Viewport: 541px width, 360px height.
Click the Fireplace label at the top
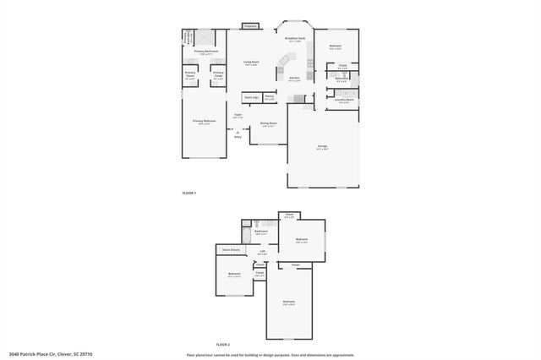click(x=249, y=27)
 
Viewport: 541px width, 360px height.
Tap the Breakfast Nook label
click(x=295, y=39)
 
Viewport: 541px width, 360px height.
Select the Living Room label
click(x=251, y=63)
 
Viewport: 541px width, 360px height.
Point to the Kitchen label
click(x=294, y=79)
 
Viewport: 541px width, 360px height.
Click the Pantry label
click(x=270, y=97)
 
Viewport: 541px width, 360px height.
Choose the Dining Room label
click(x=269, y=125)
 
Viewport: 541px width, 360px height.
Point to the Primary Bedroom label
click(x=204, y=122)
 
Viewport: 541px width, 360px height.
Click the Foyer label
click(x=238, y=116)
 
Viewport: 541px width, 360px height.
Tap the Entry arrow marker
click(x=238, y=131)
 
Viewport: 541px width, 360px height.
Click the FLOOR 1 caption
click(x=189, y=194)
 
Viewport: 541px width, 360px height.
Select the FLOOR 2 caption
click(x=223, y=345)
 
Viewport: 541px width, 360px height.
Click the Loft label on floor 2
click(x=262, y=251)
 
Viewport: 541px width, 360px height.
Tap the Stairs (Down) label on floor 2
click(x=230, y=250)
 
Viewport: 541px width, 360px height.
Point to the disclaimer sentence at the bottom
click(x=270, y=354)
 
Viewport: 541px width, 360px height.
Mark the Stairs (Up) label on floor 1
click(x=250, y=97)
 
